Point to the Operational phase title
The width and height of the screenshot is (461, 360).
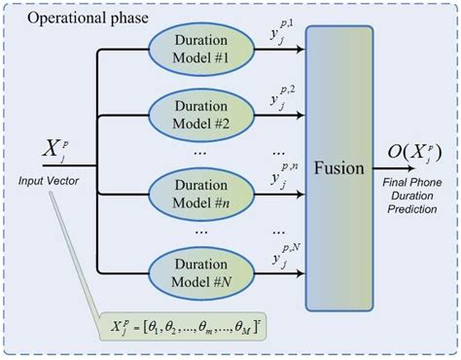[74, 18]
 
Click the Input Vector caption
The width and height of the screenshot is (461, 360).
[49, 180]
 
